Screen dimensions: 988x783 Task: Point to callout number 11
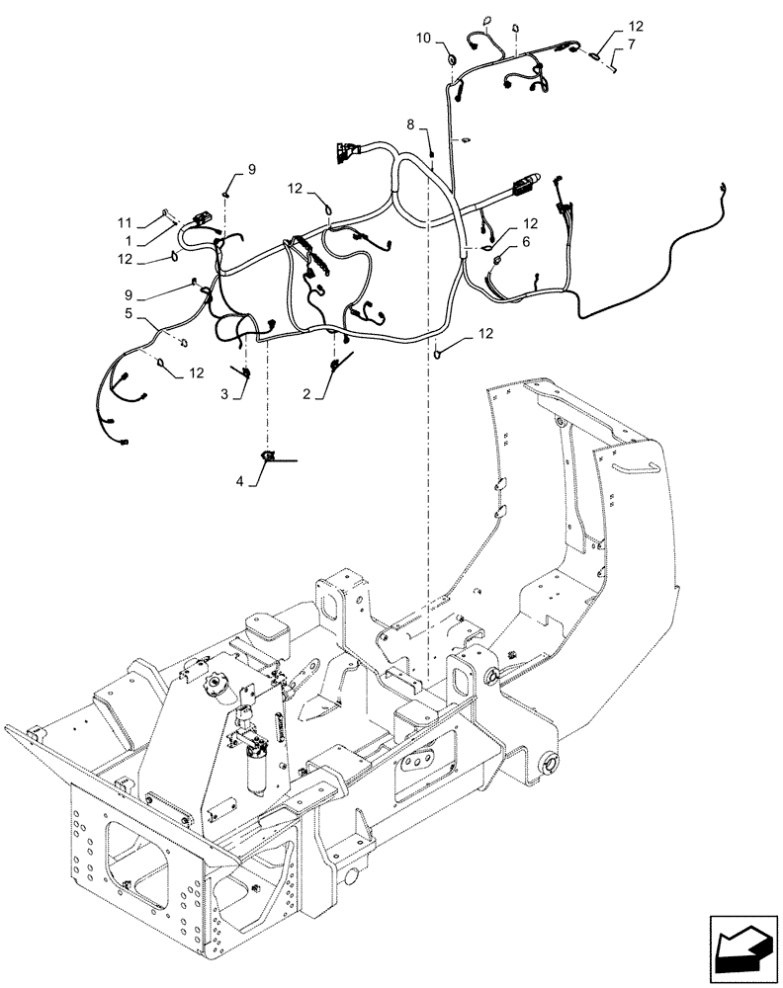coord(124,223)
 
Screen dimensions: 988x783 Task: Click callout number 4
coord(241,481)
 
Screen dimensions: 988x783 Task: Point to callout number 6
coord(526,241)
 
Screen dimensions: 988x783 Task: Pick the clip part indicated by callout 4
coord(269,455)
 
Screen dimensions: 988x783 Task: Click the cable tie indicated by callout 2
coord(339,364)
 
